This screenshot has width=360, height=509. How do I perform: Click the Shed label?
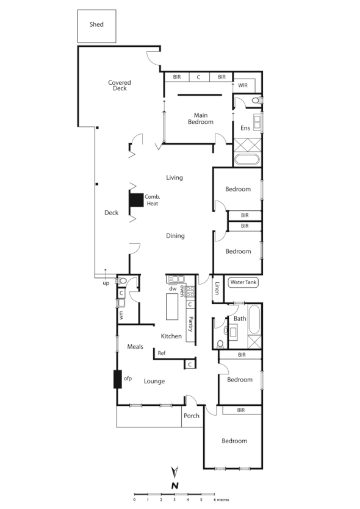point(96,25)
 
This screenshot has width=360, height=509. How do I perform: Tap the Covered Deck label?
point(120,85)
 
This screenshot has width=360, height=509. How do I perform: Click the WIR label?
point(243,85)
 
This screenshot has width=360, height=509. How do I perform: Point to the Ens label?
point(245,128)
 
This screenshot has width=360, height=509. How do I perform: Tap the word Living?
point(175,177)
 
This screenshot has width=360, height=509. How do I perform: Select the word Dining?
point(175,236)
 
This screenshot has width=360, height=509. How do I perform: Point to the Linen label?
point(217,288)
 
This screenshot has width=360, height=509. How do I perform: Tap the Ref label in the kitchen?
point(162,353)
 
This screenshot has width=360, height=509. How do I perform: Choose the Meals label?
point(135,347)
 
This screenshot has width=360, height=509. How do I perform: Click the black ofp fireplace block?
point(117,380)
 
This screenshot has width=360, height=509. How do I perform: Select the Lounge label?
point(154,382)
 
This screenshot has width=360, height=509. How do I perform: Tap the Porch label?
point(191,417)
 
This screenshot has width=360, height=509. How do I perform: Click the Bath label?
point(239,318)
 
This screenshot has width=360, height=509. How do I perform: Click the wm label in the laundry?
point(121,315)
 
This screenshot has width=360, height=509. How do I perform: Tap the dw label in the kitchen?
point(173,288)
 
